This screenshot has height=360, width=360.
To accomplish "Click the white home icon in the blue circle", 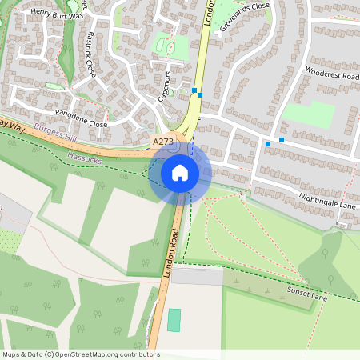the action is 180,172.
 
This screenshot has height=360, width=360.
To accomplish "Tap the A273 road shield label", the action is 162,142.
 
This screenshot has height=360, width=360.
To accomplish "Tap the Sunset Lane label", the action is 308,293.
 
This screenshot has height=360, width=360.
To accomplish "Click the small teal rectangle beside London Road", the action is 174,320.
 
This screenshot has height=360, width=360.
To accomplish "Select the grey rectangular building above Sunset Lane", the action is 197,277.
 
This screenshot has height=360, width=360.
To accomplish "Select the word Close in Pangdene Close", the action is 98,125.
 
